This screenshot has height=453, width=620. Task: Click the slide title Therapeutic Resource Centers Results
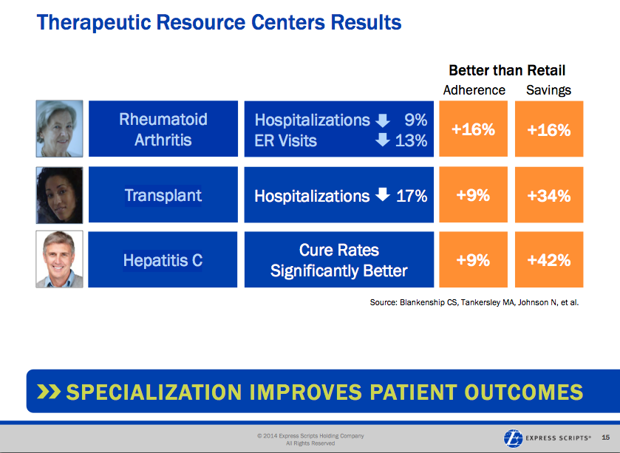pos(219,22)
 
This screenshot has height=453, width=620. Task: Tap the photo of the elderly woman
pos(59,129)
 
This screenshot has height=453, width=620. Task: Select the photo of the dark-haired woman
pos(59,194)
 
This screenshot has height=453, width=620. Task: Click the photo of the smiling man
pos(59,259)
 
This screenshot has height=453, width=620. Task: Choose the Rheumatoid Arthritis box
pos(163,129)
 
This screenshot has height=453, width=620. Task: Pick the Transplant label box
pos(163,195)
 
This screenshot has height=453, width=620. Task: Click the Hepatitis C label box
pos(163,260)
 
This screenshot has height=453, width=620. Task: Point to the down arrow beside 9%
pos(383,120)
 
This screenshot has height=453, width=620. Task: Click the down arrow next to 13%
pos(383,139)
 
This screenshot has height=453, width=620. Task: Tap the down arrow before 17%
pos(382,195)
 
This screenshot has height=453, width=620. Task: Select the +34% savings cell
pos(548,195)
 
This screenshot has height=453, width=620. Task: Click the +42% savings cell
pos(548,260)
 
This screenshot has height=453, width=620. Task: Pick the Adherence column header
pos(474,90)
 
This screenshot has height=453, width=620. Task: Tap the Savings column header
pos(548,90)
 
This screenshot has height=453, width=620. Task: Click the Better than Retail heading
pos(507,71)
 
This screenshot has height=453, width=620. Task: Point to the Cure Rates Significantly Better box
pos(339,260)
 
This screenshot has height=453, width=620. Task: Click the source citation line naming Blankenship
pos(474,302)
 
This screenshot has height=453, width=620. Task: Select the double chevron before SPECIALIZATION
pos(47,391)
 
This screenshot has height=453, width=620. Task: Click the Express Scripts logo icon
pos(512,437)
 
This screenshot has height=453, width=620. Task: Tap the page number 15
pos(606,437)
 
